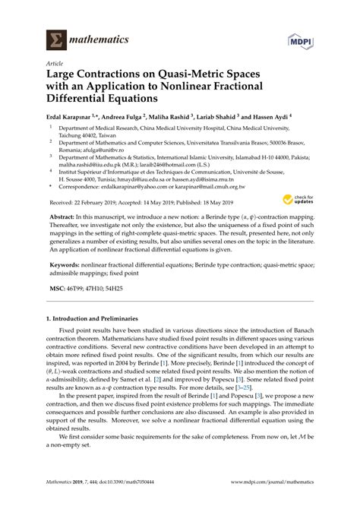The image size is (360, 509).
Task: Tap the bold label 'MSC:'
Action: pos(59,289)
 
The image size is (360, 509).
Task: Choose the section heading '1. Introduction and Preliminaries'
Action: pos(96,341)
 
